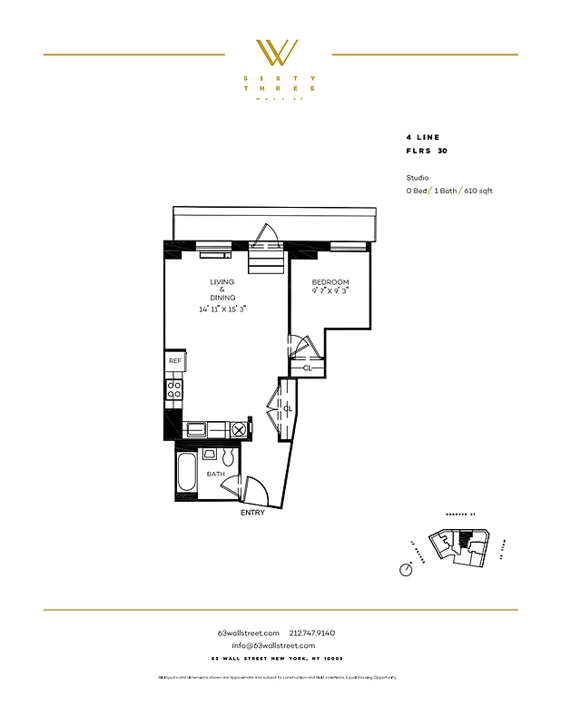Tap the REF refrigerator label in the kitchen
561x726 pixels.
[x=174, y=361]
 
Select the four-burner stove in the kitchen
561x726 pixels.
[x=174, y=390]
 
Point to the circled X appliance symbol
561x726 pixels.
[x=239, y=429]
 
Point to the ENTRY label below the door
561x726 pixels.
[x=253, y=513]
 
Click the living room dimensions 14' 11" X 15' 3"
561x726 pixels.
[x=223, y=309]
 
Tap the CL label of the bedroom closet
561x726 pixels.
[x=307, y=368]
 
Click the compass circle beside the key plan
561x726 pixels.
[x=404, y=569]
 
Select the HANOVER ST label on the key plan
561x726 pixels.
[x=460, y=515]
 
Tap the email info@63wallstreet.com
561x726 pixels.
[x=280, y=645]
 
